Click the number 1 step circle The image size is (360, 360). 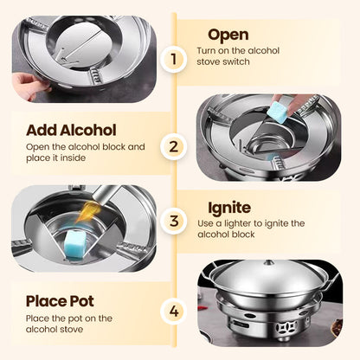177,59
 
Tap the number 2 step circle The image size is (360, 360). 177,146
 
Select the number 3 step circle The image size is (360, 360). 177,222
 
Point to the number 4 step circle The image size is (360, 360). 177,310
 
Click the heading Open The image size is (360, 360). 228,35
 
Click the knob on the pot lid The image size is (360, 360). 270,263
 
